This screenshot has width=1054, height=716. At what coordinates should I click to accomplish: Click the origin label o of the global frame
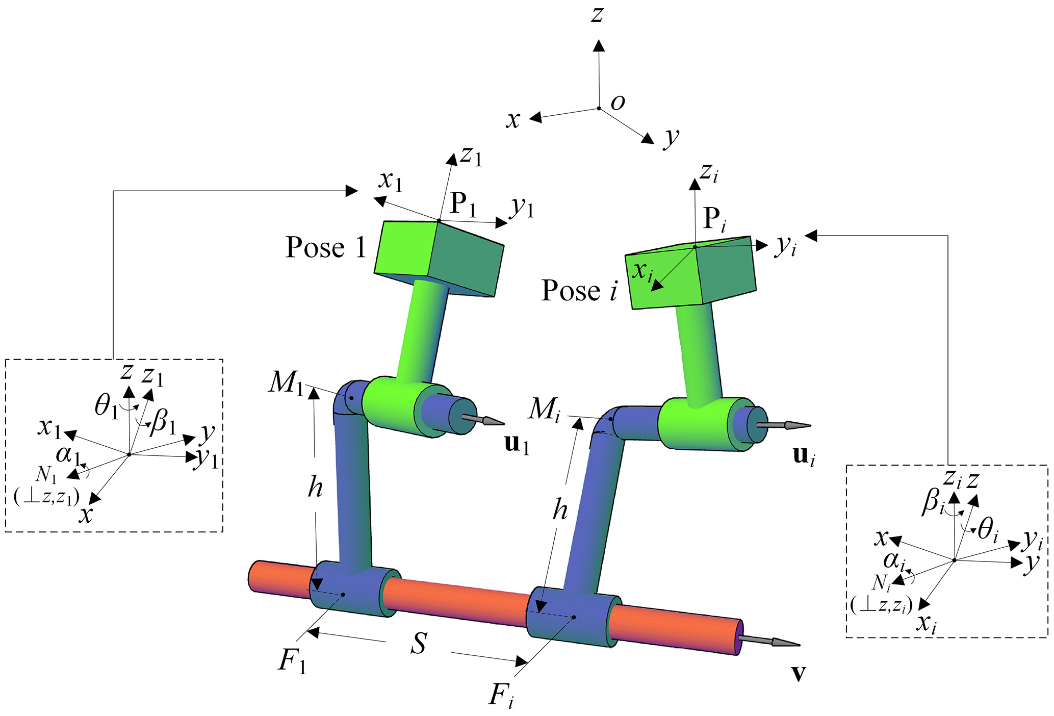[618, 103]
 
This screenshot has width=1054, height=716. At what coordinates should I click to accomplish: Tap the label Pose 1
[325, 247]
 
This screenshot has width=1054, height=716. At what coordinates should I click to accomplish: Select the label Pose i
[579, 291]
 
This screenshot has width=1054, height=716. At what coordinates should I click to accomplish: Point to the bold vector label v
[799, 674]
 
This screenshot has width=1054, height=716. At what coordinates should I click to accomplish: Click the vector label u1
[517, 445]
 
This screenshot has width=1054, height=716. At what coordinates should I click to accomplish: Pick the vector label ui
[804, 455]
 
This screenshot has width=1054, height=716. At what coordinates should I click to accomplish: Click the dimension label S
[419, 644]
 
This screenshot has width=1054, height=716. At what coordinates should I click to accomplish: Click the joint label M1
[286, 382]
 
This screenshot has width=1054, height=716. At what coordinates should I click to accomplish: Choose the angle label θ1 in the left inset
[106, 407]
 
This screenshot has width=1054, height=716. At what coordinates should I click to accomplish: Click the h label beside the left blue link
[315, 488]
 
